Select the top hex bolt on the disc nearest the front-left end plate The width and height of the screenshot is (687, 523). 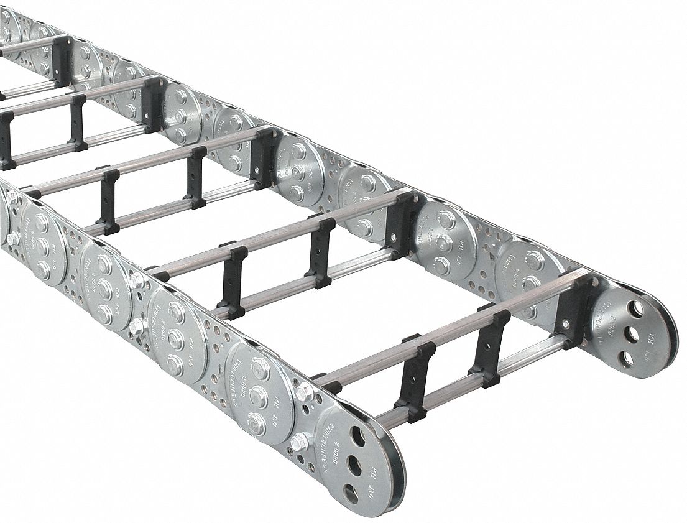(262, 369)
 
